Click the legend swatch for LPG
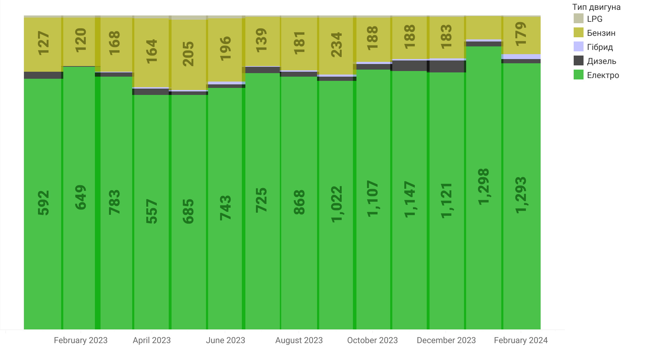pyautogui.click(x=578, y=19)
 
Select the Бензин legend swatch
pyautogui.click(x=578, y=33)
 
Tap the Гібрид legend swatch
pyautogui.click(x=578, y=47)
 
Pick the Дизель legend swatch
pyautogui.click(x=578, y=61)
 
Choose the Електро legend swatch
pyautogui.click(x=578, y=75)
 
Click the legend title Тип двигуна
pyautogui.click(x=596, y=7)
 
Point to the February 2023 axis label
pyautogui.click(x=80, y=340)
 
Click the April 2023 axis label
pyautogui.click(x=152, y=340)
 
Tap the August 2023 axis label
pyautogui.click(x=299, y=340)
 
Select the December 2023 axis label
pyautogui.click(x=446, y=340)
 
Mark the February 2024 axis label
pyautogui.click(x=521, y=340)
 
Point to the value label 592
pyautogui.click(x=44, y=203)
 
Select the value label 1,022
pyautogui.click(x=337, y=204)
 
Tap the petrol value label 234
pyautogui.click(x=337, y=45)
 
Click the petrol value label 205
pyautogui.click(x=188, y=54)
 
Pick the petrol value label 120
pyautogui.click(x=80, y=40)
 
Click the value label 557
pyautogui.click(x=152, y=211)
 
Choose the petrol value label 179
pyautogui.click(x=521, y=34)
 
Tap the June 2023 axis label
pyautogui.click(x=225, y=340)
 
